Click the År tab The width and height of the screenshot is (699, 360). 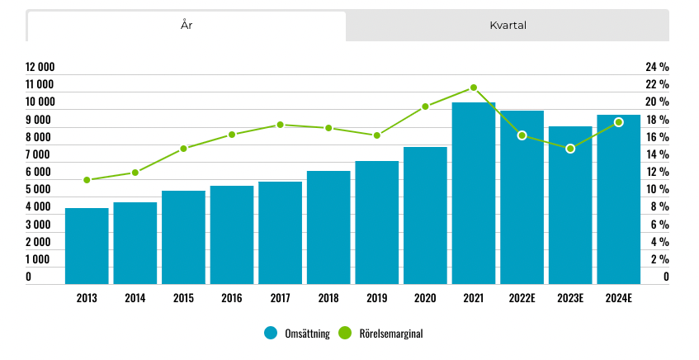(x=187, y=26)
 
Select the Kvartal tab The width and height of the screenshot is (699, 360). (x=508, y=26)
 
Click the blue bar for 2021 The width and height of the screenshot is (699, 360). (x=474, y=193)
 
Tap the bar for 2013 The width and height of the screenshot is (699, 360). (x=87, y=246)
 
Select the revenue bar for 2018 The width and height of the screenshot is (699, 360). (x=328, y=227)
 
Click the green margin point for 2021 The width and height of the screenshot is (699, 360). (x=474, y=88)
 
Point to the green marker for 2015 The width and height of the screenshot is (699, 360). (x=184, y=149)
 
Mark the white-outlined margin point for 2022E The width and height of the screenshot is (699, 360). (x=522, y=135)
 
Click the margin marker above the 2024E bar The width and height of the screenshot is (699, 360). (x=619, y=122)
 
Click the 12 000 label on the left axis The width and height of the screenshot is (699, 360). (x=40, y=67)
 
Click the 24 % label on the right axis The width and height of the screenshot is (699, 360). (x=657, y=67)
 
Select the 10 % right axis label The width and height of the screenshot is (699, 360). (x=657, y=189)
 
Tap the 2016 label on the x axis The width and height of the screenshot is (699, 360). (x=232, y=298)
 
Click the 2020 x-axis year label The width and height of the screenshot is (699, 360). (x=425, y=298)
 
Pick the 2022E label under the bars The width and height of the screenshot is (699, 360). (x=522, y=298)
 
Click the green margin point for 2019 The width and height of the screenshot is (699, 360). (x=377, y=135)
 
